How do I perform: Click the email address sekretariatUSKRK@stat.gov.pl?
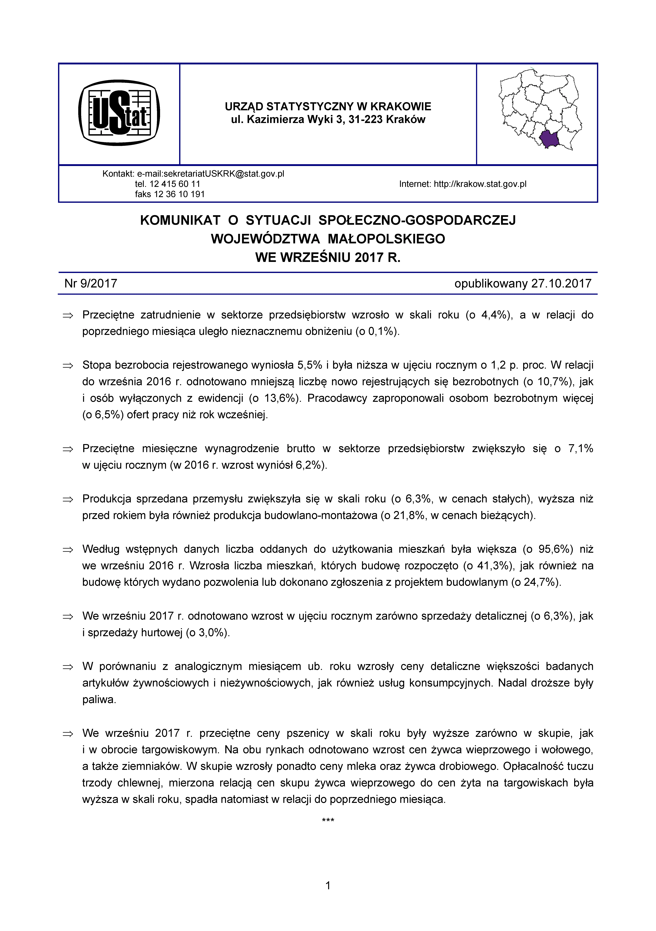coord(210,174)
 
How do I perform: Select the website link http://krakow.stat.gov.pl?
coord(480,184)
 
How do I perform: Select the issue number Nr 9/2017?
coord(91,283)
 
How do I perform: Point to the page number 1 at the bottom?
coord(328,886)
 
